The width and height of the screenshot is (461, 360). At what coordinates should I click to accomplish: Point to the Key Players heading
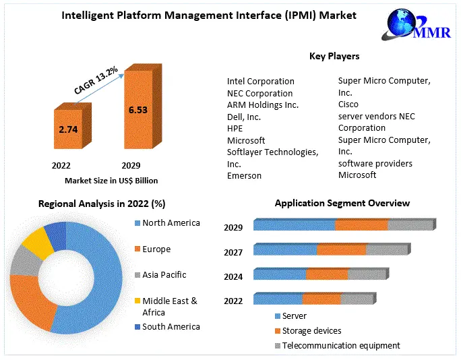(334, 56)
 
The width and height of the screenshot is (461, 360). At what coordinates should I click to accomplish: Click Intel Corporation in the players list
(260, 81)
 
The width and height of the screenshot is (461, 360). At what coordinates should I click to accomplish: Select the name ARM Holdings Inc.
(262, 105)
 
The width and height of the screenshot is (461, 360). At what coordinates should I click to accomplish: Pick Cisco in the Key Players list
(348, 104)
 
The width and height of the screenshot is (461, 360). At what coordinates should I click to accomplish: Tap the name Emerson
(244, 176)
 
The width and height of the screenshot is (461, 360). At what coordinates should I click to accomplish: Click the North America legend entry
(171, 223)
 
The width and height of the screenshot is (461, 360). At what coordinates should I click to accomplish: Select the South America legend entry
(171, 327)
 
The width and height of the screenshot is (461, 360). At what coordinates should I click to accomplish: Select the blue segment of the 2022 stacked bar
(277, 299)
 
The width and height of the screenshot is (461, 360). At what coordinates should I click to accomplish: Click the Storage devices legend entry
(311, 330)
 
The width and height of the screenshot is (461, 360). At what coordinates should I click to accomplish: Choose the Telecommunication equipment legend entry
(340, 345)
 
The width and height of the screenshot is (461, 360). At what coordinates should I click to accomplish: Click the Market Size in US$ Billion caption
(111, 181)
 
